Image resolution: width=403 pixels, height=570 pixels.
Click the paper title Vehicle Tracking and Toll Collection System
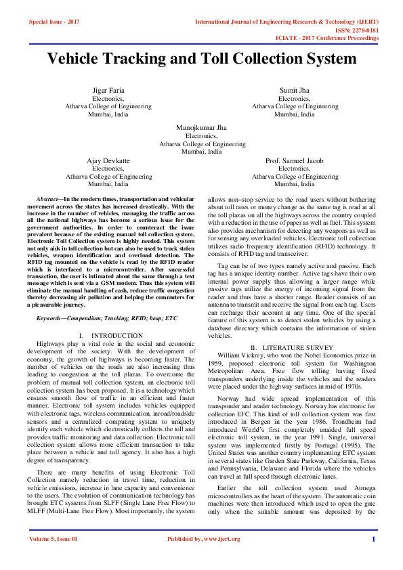point(201,60)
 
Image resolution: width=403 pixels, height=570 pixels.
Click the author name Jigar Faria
point(108,91)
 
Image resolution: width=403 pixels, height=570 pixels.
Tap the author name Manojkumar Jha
point(201,127)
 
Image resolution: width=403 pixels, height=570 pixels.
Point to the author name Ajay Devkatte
point(108,161)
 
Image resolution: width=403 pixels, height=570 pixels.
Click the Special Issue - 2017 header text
point(54,22)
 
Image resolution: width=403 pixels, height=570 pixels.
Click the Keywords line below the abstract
point(106,318)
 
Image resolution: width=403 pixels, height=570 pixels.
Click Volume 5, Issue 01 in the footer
point(54,558)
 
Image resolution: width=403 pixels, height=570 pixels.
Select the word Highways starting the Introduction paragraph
point(52,344)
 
